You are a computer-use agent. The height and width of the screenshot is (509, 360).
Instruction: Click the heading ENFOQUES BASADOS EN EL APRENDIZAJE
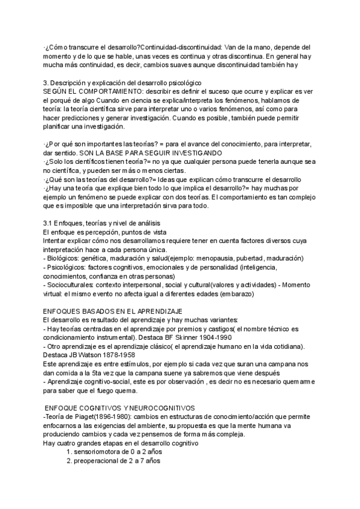tap(113, 312)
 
